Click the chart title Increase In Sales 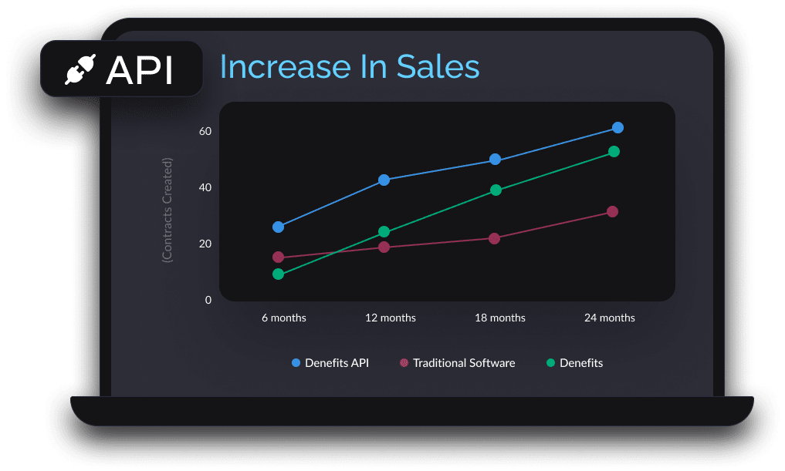click(350, 67)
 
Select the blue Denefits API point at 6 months click(278, 227)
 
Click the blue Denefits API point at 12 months click(384, 180)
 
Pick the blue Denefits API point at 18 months click(496, 160)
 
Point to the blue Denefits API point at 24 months click(618, 127)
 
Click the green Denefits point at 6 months click(278, 274)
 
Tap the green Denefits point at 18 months click(496, 190)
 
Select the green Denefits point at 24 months click(614, 151)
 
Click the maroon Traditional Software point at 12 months click(384, 247)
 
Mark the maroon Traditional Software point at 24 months click(612, 211)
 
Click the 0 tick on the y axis click(208, 300)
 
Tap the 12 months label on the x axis click(390, 318)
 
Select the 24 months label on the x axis click(609, 318)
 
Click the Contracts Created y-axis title click(167, 210)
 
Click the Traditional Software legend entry click(457, 362)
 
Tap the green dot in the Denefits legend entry click(550, 362)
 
